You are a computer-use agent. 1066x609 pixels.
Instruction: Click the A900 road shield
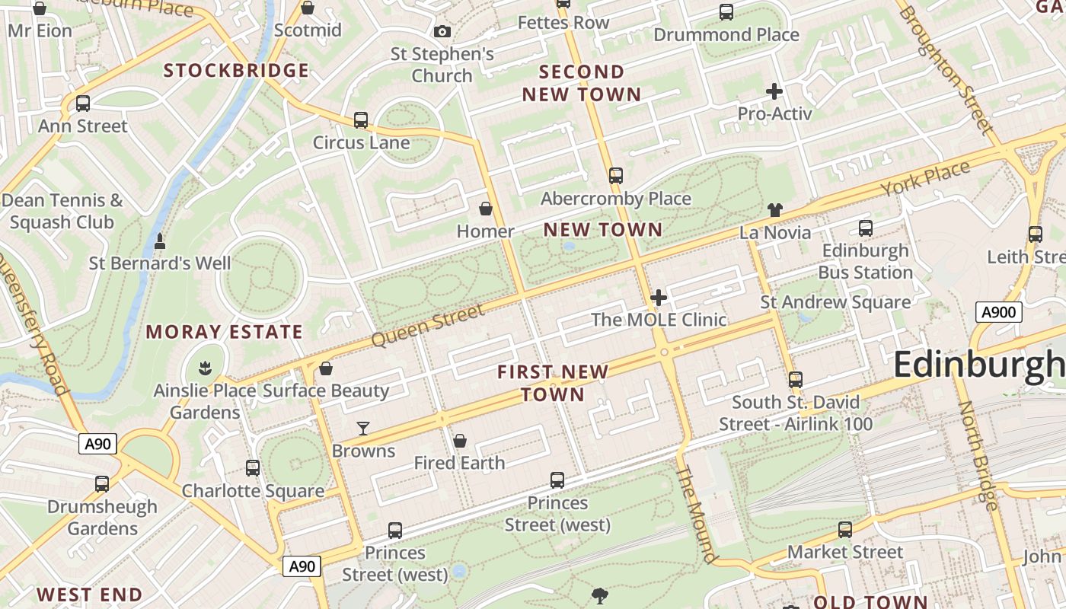coord(998,311)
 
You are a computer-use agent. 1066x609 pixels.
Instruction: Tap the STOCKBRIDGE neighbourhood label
coord(237,71)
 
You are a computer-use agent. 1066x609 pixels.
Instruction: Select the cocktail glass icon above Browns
coord(363,429)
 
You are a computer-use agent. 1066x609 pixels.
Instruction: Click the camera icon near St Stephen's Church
coord(442,31)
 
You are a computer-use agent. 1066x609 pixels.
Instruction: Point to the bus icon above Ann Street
coord(83,104)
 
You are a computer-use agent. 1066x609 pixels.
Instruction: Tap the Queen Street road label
coord(429,325)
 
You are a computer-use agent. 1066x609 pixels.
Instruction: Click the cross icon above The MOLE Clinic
coord(659,297)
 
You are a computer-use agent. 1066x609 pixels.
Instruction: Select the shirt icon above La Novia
coord(774,209)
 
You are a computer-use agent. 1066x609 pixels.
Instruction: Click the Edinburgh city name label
coord(979,365)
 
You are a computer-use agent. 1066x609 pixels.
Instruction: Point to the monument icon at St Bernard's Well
coord(160,241)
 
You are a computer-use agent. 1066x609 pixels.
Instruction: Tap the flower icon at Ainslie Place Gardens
coord(204,369)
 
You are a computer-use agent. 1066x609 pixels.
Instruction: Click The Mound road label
coord(697,515)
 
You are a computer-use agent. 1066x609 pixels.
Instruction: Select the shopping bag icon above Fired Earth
coord(460,441)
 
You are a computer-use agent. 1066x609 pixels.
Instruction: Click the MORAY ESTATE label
coord(225,332)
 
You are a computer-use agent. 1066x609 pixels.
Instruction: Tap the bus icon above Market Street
coord(844,530)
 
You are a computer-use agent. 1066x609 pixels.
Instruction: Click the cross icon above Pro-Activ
coord(774,91)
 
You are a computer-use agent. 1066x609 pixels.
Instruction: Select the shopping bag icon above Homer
coord(485,209)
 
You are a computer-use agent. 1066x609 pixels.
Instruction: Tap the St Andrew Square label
coord(835,302)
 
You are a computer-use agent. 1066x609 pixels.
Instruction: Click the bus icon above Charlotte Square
coord(253,468)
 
